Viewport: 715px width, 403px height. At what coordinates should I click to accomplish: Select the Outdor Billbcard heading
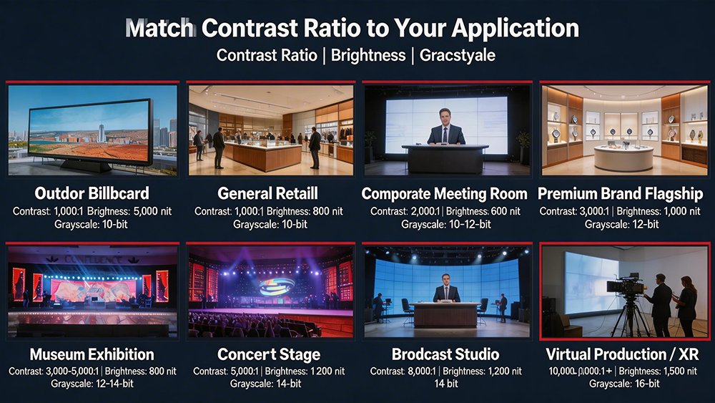pos(91,194)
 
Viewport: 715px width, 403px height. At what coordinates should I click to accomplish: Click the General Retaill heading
pos(268,194)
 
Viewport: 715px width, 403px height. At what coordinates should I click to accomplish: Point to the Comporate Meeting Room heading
pos(444,194)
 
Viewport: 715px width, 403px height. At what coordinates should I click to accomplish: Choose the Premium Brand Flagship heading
pos(621,194)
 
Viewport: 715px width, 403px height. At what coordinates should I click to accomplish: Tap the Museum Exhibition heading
pos(92,354)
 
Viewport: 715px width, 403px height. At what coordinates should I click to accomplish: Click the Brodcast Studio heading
pos(444,354)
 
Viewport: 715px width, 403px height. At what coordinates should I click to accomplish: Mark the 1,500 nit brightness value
pos(679,372)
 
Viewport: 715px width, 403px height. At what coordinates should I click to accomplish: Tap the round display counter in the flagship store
pos(623,157)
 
